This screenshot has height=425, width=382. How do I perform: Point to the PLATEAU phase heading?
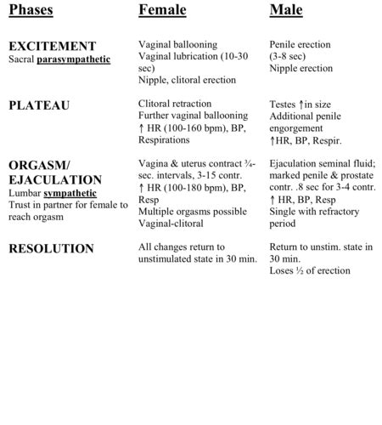tap(39, 105)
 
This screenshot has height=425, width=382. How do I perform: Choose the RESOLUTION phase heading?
tap(51, 248)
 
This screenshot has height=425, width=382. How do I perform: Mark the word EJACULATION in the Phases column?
tap(55, 179)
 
